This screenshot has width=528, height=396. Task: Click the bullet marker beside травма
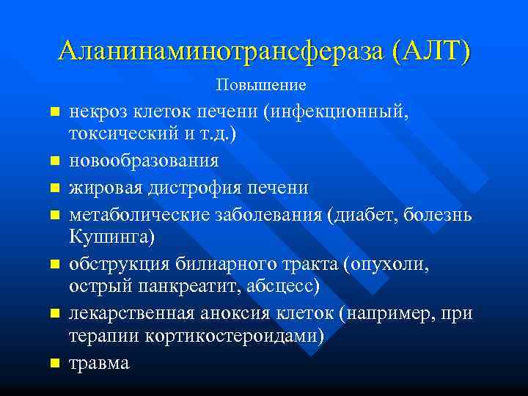point(54,363)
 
